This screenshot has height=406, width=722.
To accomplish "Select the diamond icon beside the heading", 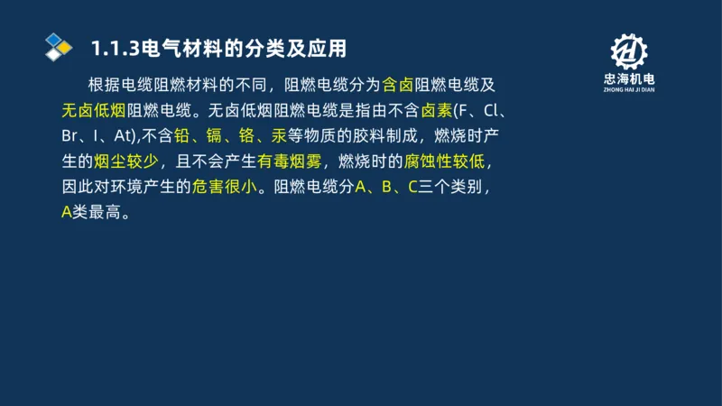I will (x=58, y=46).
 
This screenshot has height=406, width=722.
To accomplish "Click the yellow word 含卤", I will (x=398, y=86).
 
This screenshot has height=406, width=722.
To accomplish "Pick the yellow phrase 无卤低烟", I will (x=94, y=111).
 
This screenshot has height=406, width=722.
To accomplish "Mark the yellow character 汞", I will (x=279, y=136).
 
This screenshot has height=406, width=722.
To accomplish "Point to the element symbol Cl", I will (x=494, y=111).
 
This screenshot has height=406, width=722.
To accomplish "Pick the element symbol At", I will (x=124, y=136).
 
